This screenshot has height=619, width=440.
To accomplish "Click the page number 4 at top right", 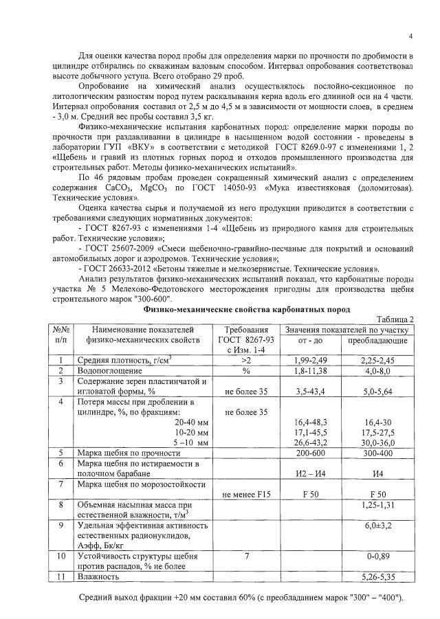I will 410,36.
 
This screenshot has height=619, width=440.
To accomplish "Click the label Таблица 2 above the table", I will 395,319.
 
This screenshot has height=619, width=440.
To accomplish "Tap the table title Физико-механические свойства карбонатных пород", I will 247,310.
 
